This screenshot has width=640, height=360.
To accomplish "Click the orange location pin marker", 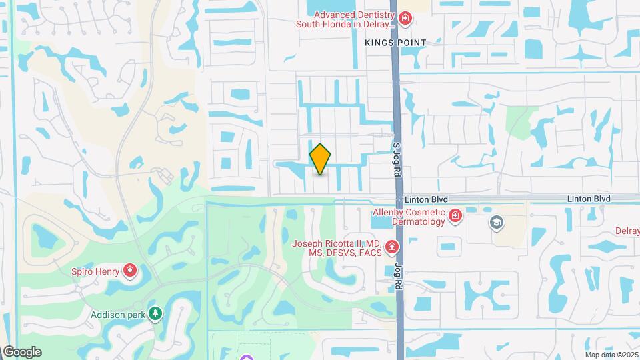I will (x=320, y=159).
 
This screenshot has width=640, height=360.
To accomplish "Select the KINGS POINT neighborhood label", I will (x=395, y=42).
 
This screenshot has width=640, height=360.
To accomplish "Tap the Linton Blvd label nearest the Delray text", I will (x=589, y=199).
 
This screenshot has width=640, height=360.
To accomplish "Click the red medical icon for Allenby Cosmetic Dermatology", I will (x=455, y=216).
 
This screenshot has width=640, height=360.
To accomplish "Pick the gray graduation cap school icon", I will (x=496, y=222).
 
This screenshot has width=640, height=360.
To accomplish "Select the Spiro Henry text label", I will (x=95, y=271).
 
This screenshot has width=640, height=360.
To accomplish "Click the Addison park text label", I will (x=118, y=313).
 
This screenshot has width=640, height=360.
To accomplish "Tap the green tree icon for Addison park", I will (x=155, y=313).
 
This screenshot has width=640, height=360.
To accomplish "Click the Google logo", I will (x=22, y=352).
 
